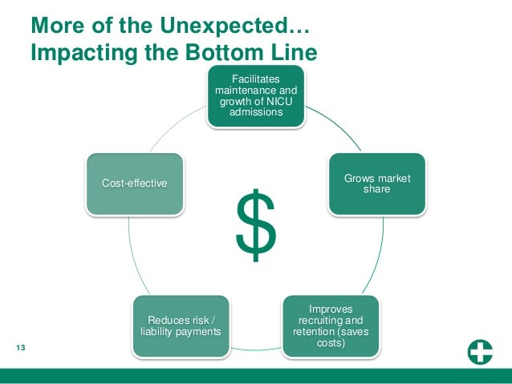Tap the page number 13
point(20,347)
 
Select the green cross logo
point(481,353)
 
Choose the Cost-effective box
point(135,184)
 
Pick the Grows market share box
point(376,184)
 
